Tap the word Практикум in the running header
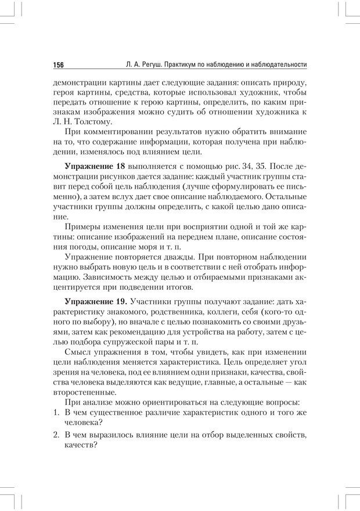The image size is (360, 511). [183, 64]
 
